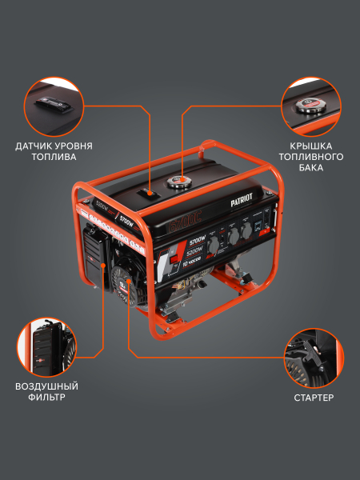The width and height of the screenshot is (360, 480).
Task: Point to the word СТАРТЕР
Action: [313, 398]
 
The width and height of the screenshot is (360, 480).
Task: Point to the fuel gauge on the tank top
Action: [148, 193]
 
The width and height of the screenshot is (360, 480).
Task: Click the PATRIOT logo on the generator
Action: [245, 206]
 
